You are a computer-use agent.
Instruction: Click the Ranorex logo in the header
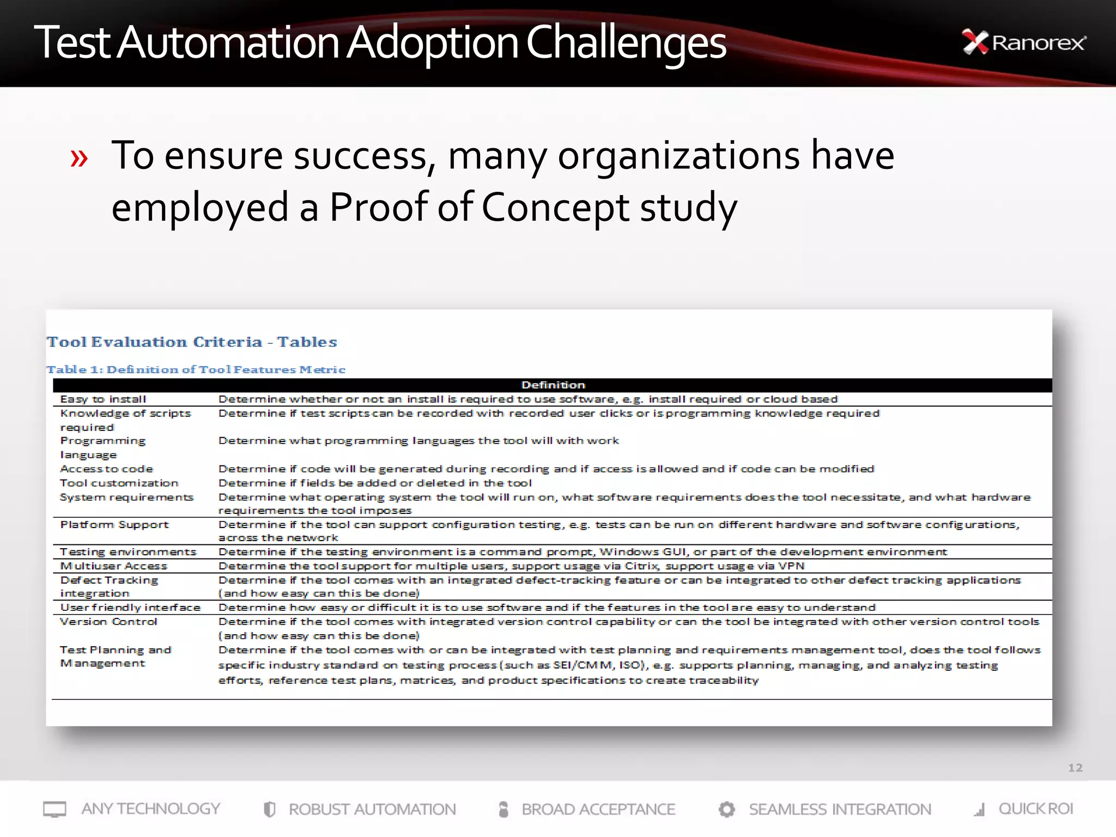pos(1024,43)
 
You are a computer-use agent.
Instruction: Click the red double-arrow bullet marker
pos(79,159)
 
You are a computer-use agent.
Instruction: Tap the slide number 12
pos(1075,767)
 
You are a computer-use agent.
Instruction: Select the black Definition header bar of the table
pos(552,385)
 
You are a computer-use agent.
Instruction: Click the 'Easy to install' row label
pos(103,399)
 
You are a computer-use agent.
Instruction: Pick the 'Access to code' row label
pos(107,469)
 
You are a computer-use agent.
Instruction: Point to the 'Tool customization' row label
pos(119,483)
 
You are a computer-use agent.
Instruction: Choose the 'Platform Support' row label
pos(114,524)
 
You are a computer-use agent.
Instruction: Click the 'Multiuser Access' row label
pos(114,566)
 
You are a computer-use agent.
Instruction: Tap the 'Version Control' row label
pos(108,621)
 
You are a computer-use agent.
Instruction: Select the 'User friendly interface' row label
pos(130,607)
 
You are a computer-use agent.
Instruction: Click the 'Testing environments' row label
pos(128,551)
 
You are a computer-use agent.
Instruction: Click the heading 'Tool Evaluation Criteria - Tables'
pos(192,342)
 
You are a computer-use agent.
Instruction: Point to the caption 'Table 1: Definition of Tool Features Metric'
pos(196,369)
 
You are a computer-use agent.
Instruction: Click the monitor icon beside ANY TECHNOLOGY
pos(54,809)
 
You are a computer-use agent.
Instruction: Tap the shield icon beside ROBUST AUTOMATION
pos(269,809)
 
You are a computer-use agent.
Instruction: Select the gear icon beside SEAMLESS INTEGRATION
pos(726,809)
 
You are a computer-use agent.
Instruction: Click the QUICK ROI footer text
pos(1035,809)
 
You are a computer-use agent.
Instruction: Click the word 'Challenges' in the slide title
pos(626,44)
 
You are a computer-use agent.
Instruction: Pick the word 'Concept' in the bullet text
pos(555,208)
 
